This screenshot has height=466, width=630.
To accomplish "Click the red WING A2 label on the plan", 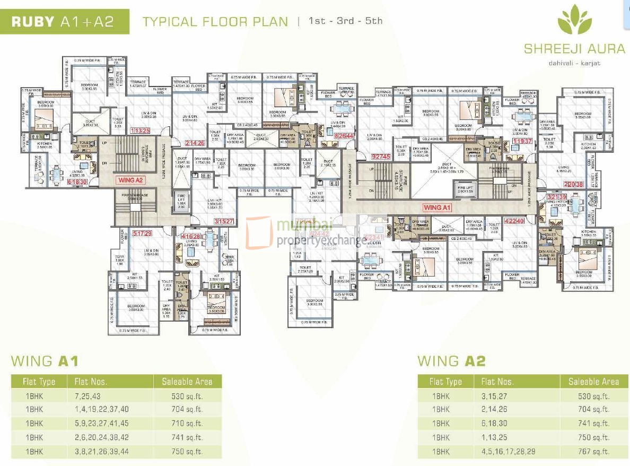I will click(x=131, y=180).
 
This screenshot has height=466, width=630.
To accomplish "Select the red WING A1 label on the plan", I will click(x=437, y=207).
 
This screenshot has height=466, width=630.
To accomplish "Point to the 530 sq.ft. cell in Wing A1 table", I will click(x=187, y=396).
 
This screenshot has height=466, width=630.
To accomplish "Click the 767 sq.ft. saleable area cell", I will click(x=593, y=452).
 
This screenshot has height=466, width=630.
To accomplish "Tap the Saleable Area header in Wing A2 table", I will click(x=593, y=381).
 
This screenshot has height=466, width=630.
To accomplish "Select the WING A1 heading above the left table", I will click(x=45, y=361).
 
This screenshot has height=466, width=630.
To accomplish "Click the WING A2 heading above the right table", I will click(x=451, y=361).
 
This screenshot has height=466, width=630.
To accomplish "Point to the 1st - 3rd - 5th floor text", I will click(x=345, y=22).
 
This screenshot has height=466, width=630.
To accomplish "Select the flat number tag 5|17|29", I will click(x=143, y=233).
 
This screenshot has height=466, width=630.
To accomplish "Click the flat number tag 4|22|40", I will click(x=514, y=221).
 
